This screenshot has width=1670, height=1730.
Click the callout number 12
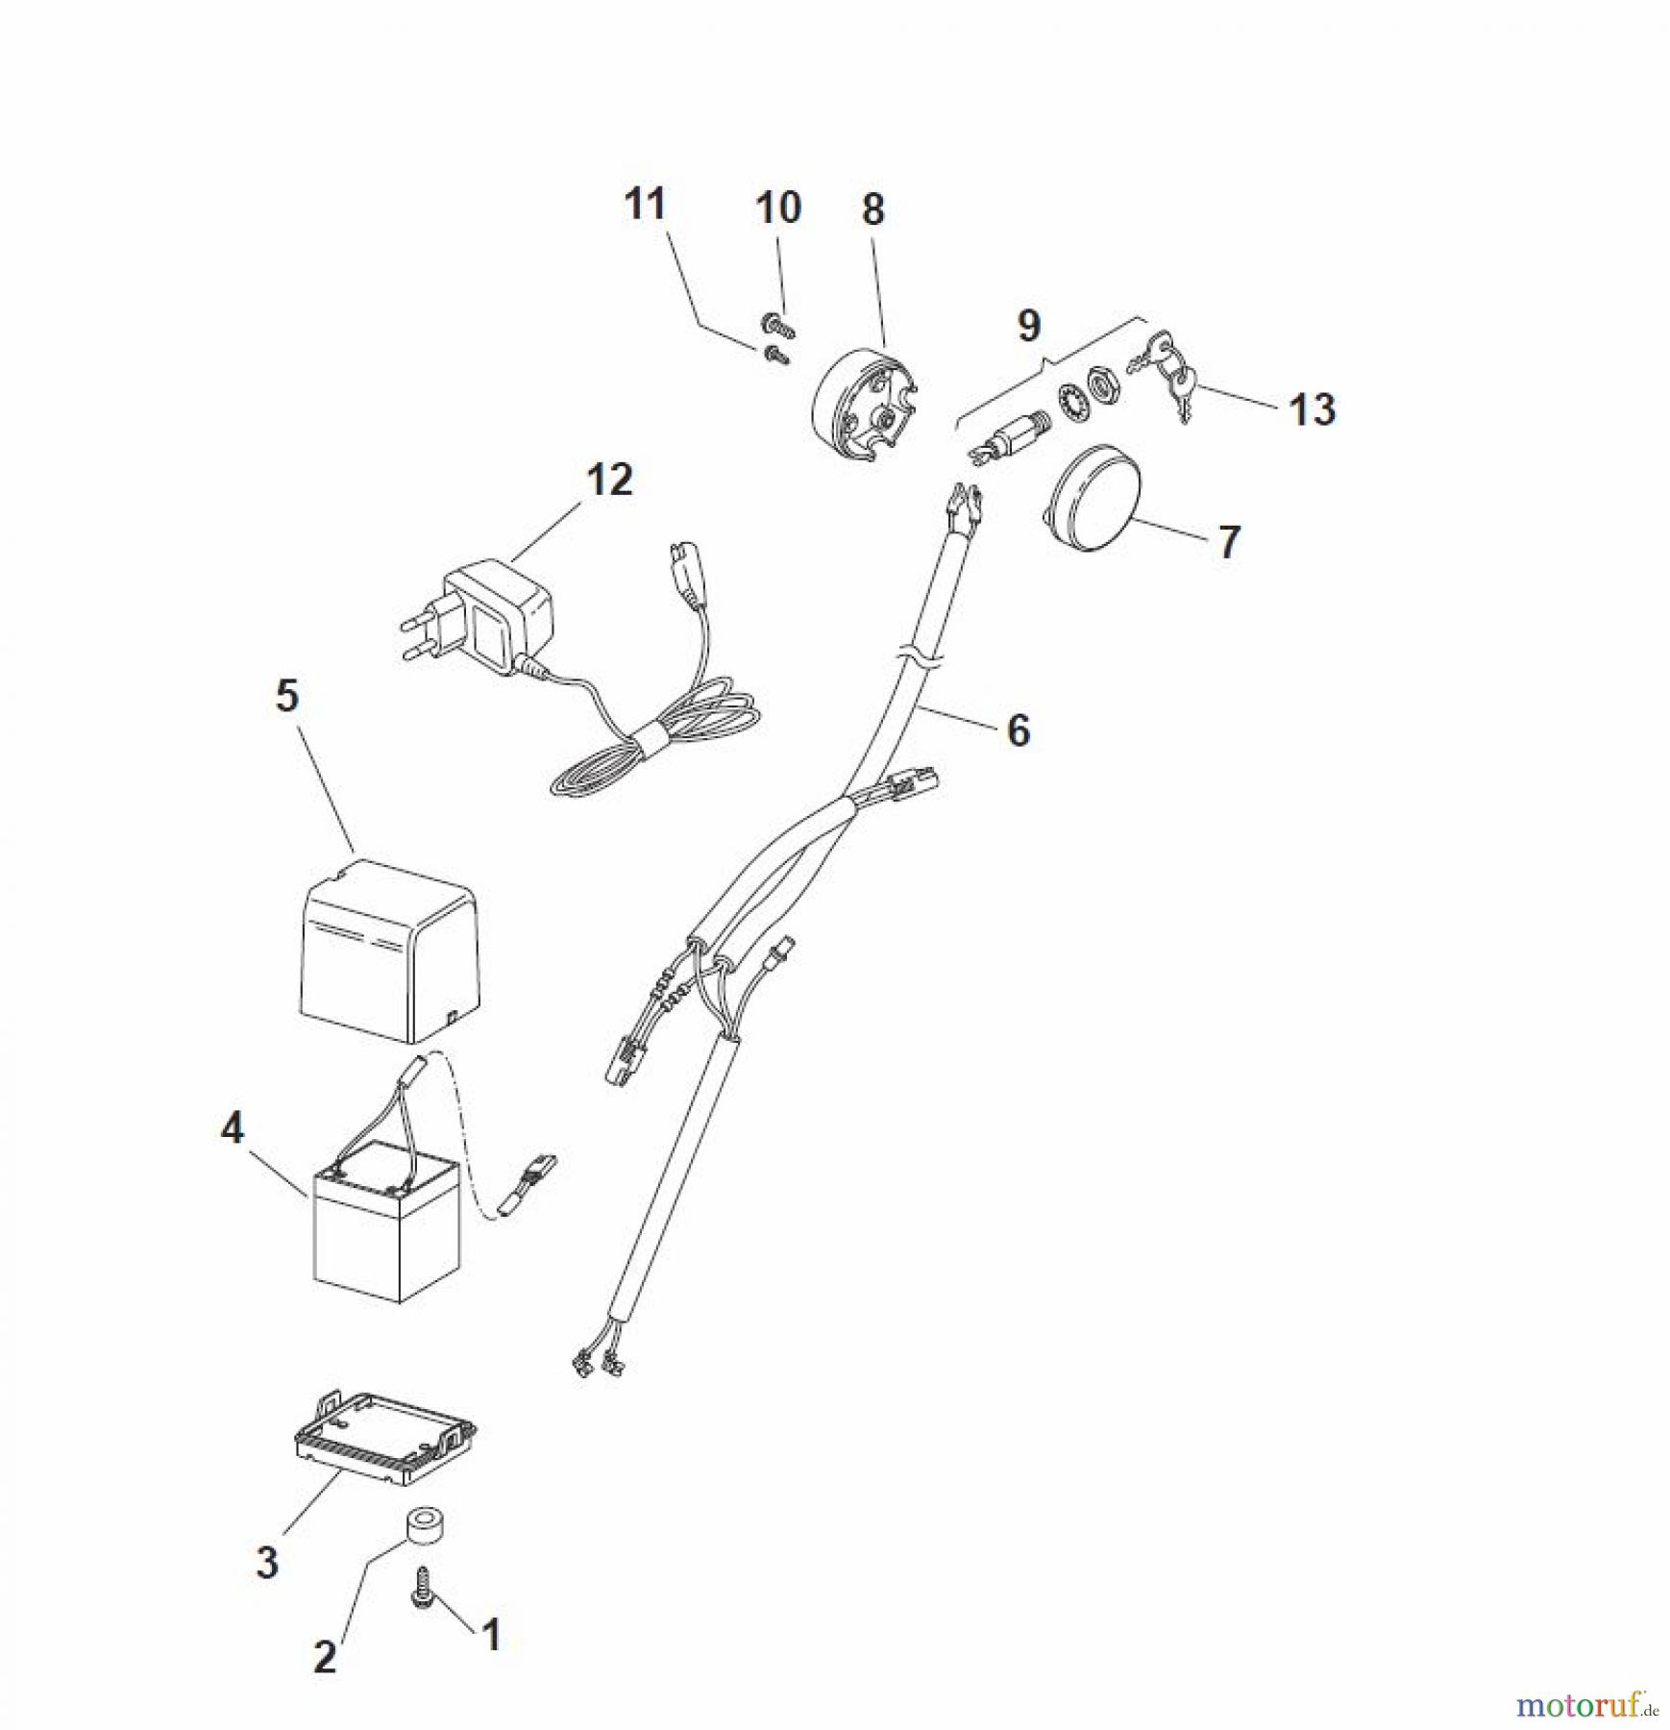[609, 481]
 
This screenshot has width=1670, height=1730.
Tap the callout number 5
[287, 696]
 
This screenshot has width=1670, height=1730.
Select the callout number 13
[1312, 409]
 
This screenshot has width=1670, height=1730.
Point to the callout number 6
[1019, 730]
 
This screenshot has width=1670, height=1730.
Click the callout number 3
[267, 1562]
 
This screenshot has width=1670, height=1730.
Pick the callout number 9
[1029, 326]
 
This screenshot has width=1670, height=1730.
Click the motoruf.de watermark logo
[1585, 1705]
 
